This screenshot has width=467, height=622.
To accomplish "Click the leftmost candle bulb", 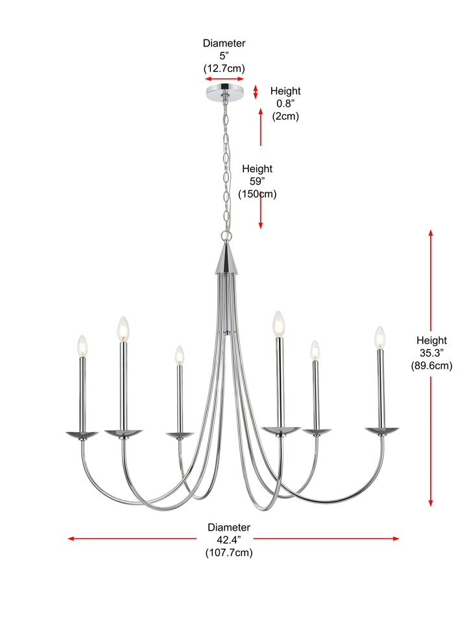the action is pos(82,346).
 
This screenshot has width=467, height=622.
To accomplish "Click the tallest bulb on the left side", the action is pos(123,329).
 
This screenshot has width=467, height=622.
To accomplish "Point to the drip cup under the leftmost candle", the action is pos(82,435).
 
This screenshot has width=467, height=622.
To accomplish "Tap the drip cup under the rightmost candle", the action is pos(382,431).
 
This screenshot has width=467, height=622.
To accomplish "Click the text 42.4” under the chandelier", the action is pos(229,540).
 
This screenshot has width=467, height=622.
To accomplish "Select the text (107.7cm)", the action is pos(229,553).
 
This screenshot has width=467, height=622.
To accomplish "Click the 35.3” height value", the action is pos(432,353).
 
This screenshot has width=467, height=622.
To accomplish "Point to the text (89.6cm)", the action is pos(432,365).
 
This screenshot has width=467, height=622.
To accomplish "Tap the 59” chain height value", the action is pos(257,181).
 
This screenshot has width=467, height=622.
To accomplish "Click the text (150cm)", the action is pos(257,194).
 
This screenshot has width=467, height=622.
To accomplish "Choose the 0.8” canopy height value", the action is pos(285,104).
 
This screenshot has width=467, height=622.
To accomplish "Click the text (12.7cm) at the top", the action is pos(224,68).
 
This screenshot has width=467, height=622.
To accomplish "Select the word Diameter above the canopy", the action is pos(224,43).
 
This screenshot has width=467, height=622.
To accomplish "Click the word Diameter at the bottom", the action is pos(229,527).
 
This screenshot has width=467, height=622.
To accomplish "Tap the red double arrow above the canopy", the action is pos(224,79).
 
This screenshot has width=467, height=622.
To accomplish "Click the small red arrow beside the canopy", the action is pos(256,91).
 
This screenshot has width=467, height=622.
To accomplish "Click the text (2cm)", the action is pos(285,116).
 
